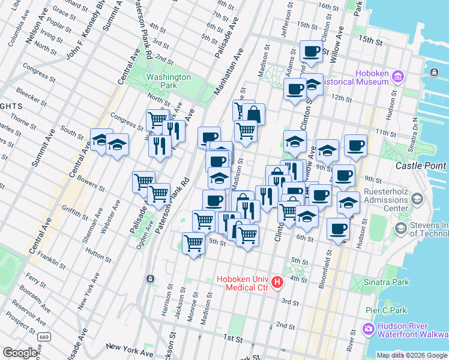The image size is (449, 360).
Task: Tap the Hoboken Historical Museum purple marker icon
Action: tap(397, 77)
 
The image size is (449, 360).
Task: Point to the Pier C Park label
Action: tap(386, 311)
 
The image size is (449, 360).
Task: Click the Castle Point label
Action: tap(421, 166)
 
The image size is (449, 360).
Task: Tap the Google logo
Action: tap(20, 353)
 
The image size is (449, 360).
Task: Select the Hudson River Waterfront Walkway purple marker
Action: tap(368, 329)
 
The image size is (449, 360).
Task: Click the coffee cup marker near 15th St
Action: tap(311, 52)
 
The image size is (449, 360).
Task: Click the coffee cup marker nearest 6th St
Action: tap(338, 229)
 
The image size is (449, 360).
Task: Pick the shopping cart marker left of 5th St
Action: tap(193, 243)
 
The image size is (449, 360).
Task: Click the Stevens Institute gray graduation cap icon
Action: tap(400, 229)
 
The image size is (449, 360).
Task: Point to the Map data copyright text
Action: tap(412, 355)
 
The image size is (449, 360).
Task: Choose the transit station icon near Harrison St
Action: tap(149, 279)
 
